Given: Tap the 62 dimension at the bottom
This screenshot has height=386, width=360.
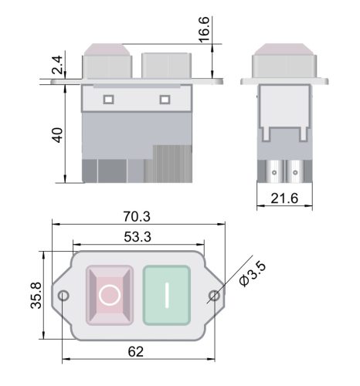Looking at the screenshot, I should pos(135,352).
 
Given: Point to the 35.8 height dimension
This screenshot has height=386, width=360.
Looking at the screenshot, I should pos(35,294).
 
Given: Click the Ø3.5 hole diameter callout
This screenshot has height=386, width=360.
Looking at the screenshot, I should pos(253,274).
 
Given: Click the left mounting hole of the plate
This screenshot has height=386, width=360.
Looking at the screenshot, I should pos(64,296).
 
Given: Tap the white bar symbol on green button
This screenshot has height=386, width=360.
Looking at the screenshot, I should pos(166,294).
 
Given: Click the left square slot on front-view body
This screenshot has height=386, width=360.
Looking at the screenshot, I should pos(108,99).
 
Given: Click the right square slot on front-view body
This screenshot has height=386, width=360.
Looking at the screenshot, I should pos(164,99).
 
